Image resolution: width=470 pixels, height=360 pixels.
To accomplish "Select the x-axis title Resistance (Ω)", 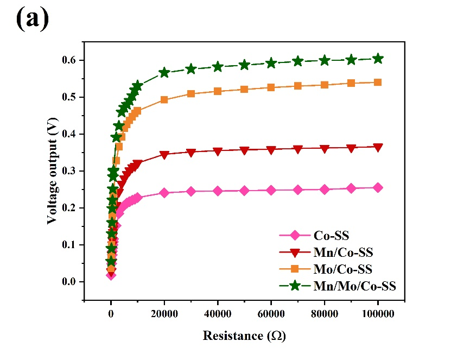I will point(244,336).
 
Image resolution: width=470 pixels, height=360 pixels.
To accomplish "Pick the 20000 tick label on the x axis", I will point(164,314).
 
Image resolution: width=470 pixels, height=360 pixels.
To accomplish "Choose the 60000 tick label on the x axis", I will point(271,314).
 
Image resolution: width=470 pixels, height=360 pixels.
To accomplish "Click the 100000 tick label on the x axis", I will point(378,314).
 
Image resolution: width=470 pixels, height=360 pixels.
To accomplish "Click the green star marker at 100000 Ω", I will point(378,59).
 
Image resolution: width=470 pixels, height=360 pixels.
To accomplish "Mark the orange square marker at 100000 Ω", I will point(378,83).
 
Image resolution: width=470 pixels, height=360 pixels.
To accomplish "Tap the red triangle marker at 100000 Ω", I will point(378,147).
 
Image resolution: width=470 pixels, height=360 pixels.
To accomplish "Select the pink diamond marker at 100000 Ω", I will point(378,188).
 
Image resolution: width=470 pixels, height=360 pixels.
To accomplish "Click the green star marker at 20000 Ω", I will point(164,73).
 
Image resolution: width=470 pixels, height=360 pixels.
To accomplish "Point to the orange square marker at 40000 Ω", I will point(218,91).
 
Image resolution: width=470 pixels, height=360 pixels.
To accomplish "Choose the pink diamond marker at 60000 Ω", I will point(271,190).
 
